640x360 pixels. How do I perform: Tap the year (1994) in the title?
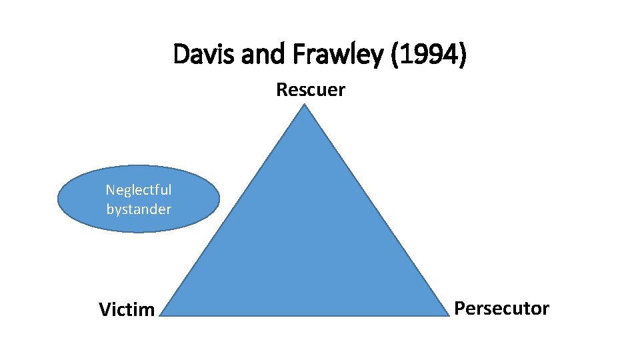429,55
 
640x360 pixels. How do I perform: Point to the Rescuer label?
311,89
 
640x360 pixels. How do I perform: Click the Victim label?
127,309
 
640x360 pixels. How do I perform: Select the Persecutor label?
501,309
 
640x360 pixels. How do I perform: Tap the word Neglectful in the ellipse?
139,190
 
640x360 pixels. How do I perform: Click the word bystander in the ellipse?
139,209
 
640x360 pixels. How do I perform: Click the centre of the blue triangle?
305,247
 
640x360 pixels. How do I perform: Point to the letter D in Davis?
180,55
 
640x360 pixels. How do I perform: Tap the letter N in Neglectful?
110,190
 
